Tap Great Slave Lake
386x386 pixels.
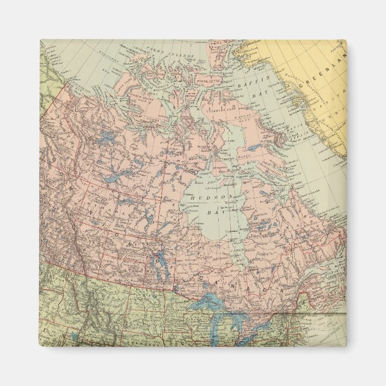117,179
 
